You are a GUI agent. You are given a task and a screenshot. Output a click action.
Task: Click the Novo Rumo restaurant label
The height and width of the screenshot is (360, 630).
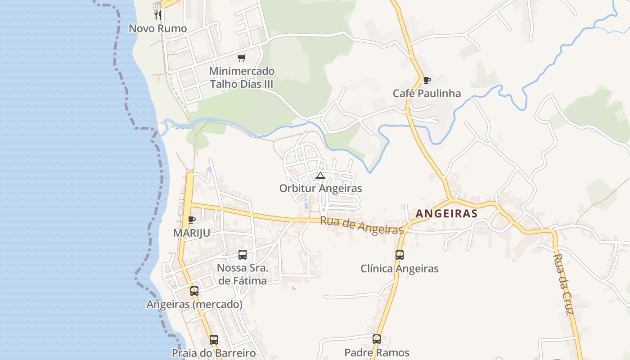(x=157, y=28)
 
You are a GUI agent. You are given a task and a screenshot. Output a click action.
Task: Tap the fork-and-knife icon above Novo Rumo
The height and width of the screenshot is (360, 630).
(x=157, y=15)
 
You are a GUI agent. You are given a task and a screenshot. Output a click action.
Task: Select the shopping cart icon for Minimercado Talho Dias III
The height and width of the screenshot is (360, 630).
(x=242, y=58)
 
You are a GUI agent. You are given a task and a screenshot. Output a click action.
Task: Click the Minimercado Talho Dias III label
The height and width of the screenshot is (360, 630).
(x=242, y=77)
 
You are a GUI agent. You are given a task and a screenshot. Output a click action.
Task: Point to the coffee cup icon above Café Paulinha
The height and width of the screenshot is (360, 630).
(x=427, y=81)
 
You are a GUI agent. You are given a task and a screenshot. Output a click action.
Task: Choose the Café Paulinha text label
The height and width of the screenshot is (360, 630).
(x=427, y=94)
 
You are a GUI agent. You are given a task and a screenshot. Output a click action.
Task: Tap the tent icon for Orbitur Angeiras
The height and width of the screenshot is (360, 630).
(x=320, y=175)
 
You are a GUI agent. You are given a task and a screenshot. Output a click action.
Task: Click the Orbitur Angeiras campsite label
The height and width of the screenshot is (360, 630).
(x=320, y=188)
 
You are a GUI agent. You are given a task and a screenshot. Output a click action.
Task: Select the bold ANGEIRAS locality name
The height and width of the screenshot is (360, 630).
(x=446, y=214)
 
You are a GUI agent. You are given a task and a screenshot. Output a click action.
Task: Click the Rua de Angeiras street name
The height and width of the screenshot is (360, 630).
(x=362, y=225)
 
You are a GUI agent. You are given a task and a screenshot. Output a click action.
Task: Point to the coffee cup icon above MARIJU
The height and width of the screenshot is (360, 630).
(x=192, y=220)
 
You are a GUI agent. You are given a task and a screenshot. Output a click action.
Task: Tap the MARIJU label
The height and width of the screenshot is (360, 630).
(x=192, y=233)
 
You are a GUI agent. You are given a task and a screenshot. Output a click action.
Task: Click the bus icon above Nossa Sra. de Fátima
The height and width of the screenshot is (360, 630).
(x=243, y=255)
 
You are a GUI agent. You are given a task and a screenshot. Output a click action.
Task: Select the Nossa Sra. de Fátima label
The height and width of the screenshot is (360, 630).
(x=242, y=274)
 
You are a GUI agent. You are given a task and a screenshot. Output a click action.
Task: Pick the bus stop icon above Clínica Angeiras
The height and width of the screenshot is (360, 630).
(x=400, y=255)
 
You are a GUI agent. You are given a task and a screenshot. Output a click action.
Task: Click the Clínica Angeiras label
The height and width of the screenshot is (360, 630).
(x=400, y=269)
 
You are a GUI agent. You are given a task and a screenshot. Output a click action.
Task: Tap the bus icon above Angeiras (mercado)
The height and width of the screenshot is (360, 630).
(x=194, y=291)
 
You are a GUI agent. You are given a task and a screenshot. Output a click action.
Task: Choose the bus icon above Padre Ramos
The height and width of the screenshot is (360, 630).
(x=377, y=339)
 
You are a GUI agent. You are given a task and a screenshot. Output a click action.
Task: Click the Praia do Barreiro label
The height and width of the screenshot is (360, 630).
(x=214, y=353)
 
